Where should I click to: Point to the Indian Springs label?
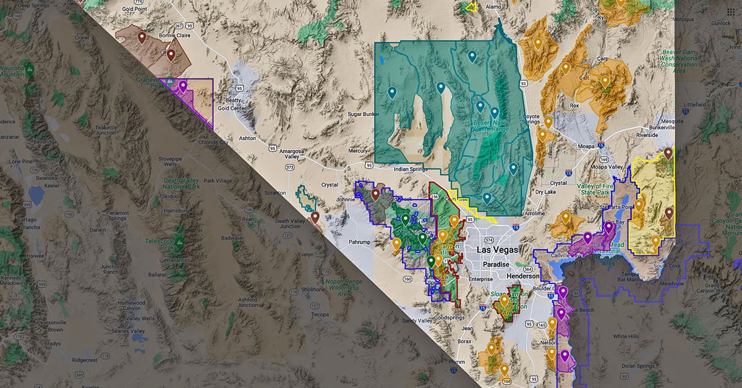(x=411, y=169)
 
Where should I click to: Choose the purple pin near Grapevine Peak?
(x=183, y=86)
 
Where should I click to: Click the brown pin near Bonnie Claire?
(x=171, y=55)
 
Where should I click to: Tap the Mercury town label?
(x=358, y=151)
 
